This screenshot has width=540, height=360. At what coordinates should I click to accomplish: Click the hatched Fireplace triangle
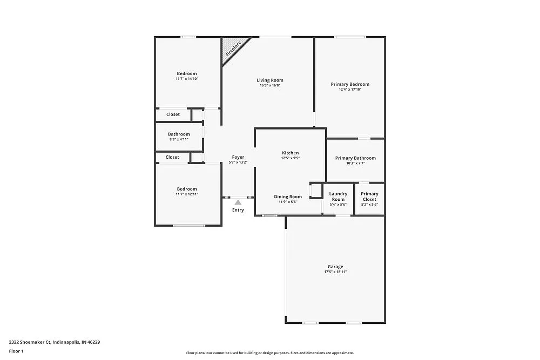tap(233, 48)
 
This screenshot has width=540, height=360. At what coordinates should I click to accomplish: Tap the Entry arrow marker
tap(238, 202)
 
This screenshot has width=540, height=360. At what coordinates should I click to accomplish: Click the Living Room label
tap(270, 80)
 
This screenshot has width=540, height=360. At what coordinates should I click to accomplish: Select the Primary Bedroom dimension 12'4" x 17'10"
tap(350, 90)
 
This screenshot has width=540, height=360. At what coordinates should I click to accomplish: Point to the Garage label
tap(335, 267)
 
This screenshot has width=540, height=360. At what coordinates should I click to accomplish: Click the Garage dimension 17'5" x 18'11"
tap(335, 272)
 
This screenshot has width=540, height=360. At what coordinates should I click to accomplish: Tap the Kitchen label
tap(290, 153)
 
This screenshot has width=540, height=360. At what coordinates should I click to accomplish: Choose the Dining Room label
tap(288, 197)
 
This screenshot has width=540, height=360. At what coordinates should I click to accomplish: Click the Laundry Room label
tap(338, 196)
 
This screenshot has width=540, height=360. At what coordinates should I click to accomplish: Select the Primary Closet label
tap(369, 196)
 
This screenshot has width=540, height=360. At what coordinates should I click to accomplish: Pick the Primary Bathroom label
tap(355, 158)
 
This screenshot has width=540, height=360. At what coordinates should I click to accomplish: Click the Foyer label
tap(238, 157)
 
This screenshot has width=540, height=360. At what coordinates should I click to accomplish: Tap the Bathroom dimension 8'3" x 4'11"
tap(179, 139)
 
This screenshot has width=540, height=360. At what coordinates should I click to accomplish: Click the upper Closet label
tap(173, 114)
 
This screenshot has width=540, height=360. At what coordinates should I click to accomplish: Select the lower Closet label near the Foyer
tap(172, 157)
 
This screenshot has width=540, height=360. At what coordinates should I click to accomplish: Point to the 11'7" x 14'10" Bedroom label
tap(187, 73)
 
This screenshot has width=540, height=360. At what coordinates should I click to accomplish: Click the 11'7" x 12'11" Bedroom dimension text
tap(187, 194)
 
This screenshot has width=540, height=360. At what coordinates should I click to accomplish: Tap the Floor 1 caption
tap(16, 351)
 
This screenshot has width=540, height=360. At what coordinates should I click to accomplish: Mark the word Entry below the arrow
tap(238, 210)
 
